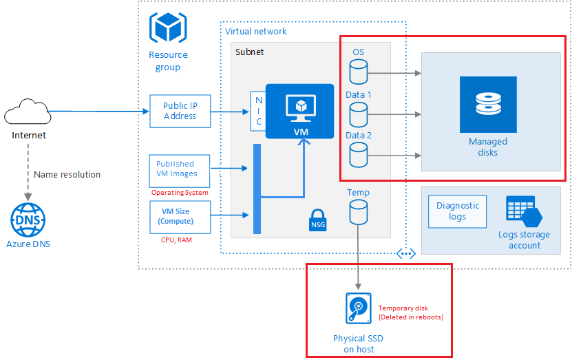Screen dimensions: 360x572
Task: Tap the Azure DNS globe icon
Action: (x=28, y=220)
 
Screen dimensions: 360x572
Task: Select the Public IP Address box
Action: (x=180, y=111)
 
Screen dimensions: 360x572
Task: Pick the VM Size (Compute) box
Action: (x=180, y=217)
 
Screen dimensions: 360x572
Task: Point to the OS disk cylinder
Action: (x=359, y=71)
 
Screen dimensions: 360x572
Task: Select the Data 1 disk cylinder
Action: (x=359, y=113)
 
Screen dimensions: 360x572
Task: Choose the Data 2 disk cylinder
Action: (x=359, y=154)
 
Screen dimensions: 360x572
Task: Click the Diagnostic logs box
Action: (x=458, y=211)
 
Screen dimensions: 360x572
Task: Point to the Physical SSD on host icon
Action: (x=358, y=308)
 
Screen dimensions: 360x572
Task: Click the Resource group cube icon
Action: (x=167, y=28)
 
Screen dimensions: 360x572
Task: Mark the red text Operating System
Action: (x=179, y=193)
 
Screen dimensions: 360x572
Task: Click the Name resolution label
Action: (x=67, y=175)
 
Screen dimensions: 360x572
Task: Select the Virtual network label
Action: (x=256, y=31)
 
